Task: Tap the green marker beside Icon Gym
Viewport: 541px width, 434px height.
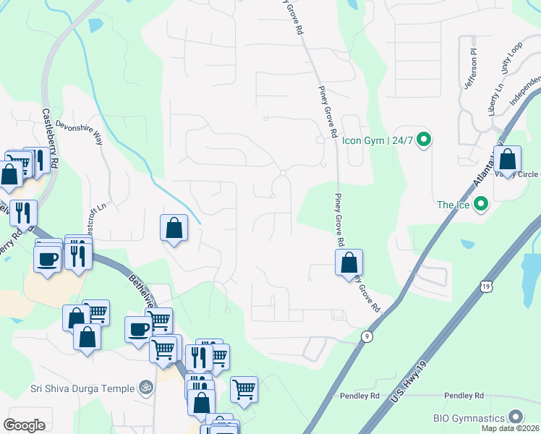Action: click(x=424, y=140)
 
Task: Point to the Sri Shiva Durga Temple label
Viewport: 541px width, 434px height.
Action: click(x=82, y=388)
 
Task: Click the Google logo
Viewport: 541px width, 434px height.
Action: click(x=25, y=425)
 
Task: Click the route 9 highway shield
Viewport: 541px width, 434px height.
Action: click(x=367, y=336)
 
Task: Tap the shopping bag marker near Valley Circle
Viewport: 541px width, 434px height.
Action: click(x=508, y=160)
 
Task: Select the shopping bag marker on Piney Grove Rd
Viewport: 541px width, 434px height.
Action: click(x=349, y=263)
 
